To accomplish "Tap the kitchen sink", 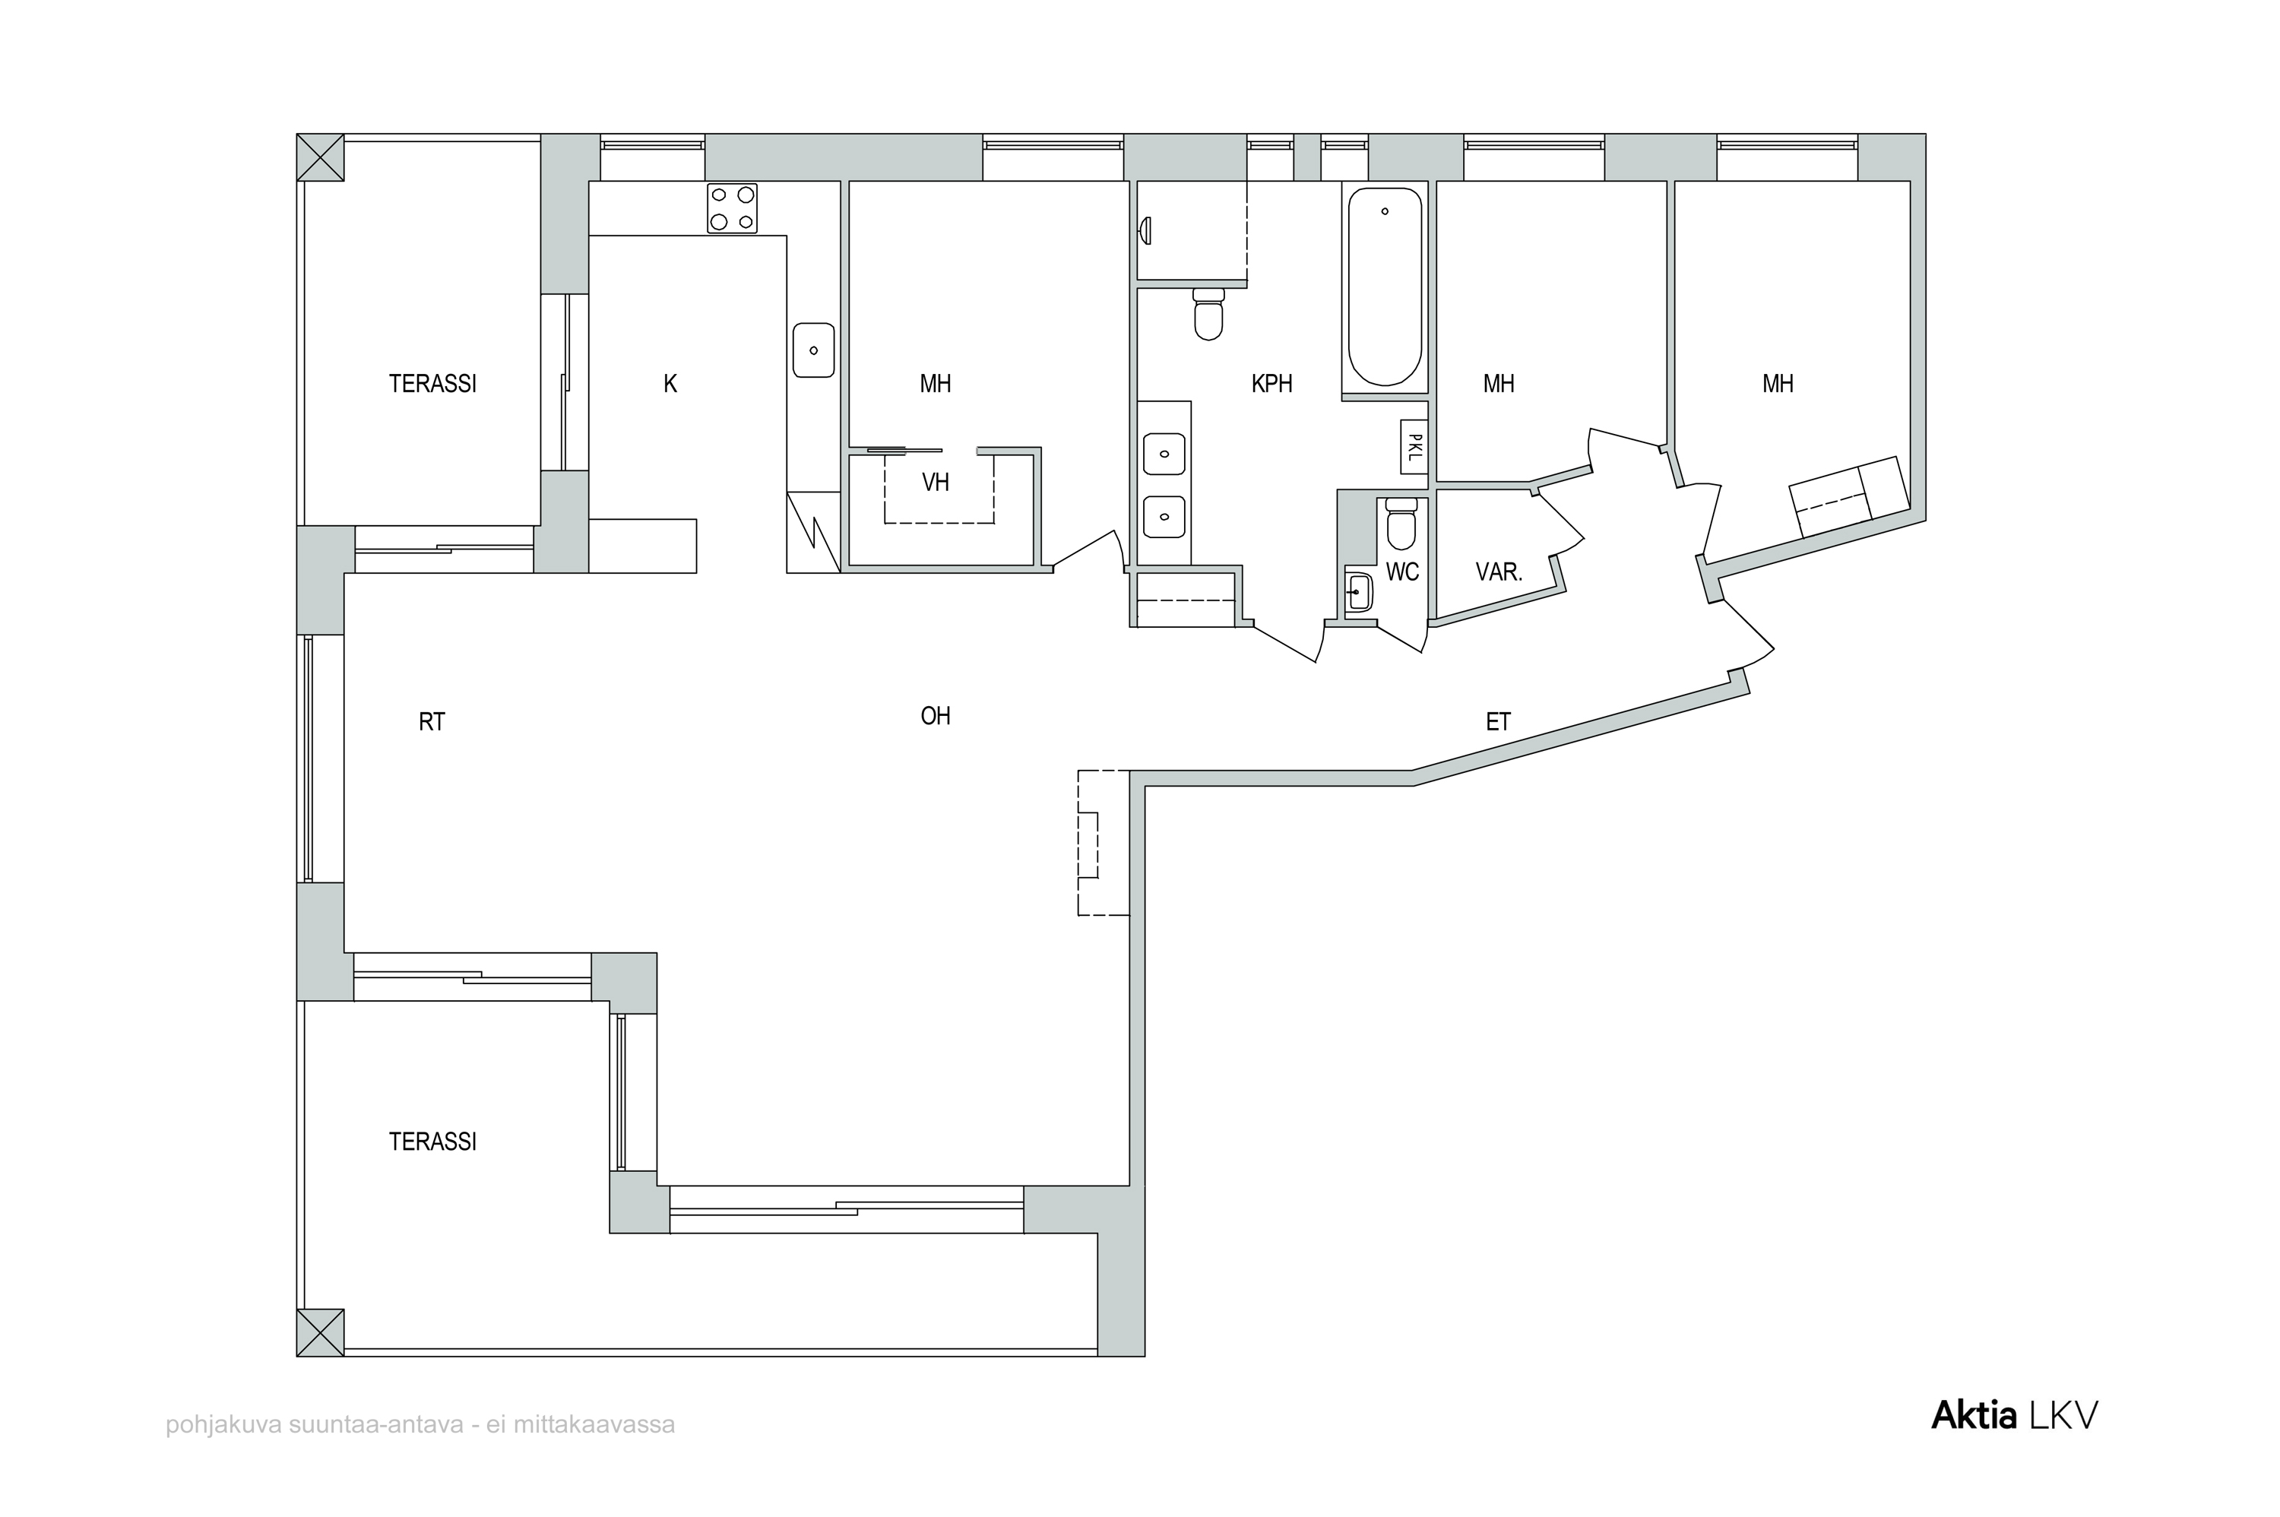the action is point(812,350).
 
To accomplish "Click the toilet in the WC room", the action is point(1401,524).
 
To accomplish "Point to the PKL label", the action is point(1414,447).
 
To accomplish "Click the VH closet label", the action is point(935,482).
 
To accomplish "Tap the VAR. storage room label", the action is point(1499,572).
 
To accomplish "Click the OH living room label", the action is point(936,716).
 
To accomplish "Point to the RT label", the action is point(432,722).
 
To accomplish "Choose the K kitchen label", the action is point(670,384).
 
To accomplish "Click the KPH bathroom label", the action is point(1271,384).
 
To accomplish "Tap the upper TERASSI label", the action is point(432,384).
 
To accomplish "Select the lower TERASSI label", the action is point(432,1142).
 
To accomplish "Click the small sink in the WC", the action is point(1359,592).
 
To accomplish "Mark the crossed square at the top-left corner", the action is point(320,157).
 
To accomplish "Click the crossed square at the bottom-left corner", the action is point(320,1332).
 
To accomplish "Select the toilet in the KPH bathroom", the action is point(1208,313).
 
